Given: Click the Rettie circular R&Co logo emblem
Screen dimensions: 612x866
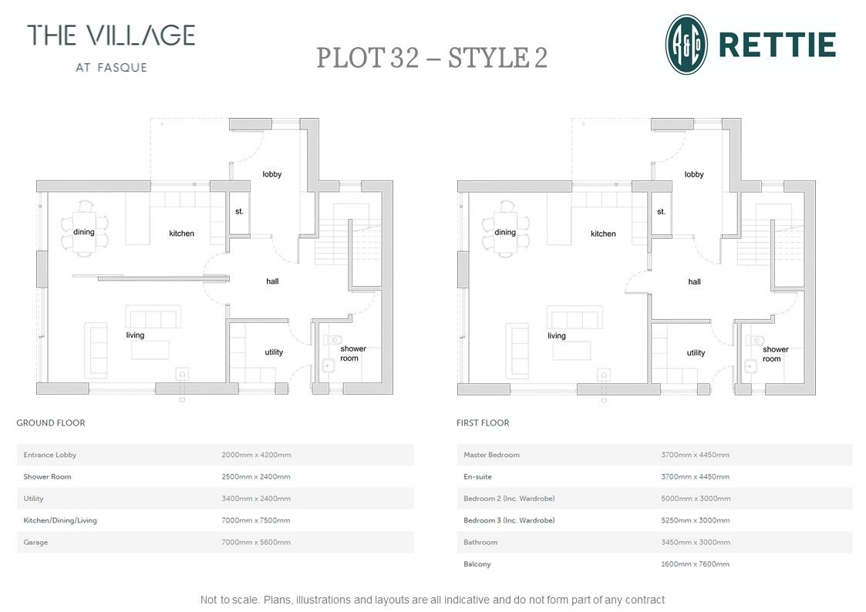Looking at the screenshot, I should [686, 45].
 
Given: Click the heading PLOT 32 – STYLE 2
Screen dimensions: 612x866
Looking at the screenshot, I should [432, 59].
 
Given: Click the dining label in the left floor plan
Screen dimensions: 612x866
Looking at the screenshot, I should [84, 232].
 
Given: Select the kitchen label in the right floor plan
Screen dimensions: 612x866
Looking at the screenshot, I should [603, 234].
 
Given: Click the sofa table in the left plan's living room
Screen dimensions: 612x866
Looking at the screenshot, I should [150, 350].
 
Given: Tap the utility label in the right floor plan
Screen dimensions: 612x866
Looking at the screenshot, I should [696, 353].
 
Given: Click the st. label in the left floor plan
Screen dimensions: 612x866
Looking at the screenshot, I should [239, 211].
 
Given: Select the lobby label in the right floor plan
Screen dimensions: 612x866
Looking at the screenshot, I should [694, 174].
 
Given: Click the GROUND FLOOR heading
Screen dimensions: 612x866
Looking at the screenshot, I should [51, 423].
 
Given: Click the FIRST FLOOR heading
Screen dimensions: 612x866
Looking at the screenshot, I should [483, 423].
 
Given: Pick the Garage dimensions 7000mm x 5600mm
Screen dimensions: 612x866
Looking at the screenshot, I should [256, 543].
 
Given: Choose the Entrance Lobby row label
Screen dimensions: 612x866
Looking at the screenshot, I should [50, 455].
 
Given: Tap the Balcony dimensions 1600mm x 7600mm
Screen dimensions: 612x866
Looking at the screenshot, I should [695, 564].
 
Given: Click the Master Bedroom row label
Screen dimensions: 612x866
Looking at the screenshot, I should [491, 455].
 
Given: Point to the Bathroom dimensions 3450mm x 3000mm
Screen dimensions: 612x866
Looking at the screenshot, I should [695, 543].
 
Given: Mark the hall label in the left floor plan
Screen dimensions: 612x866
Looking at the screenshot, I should [272, 281].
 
